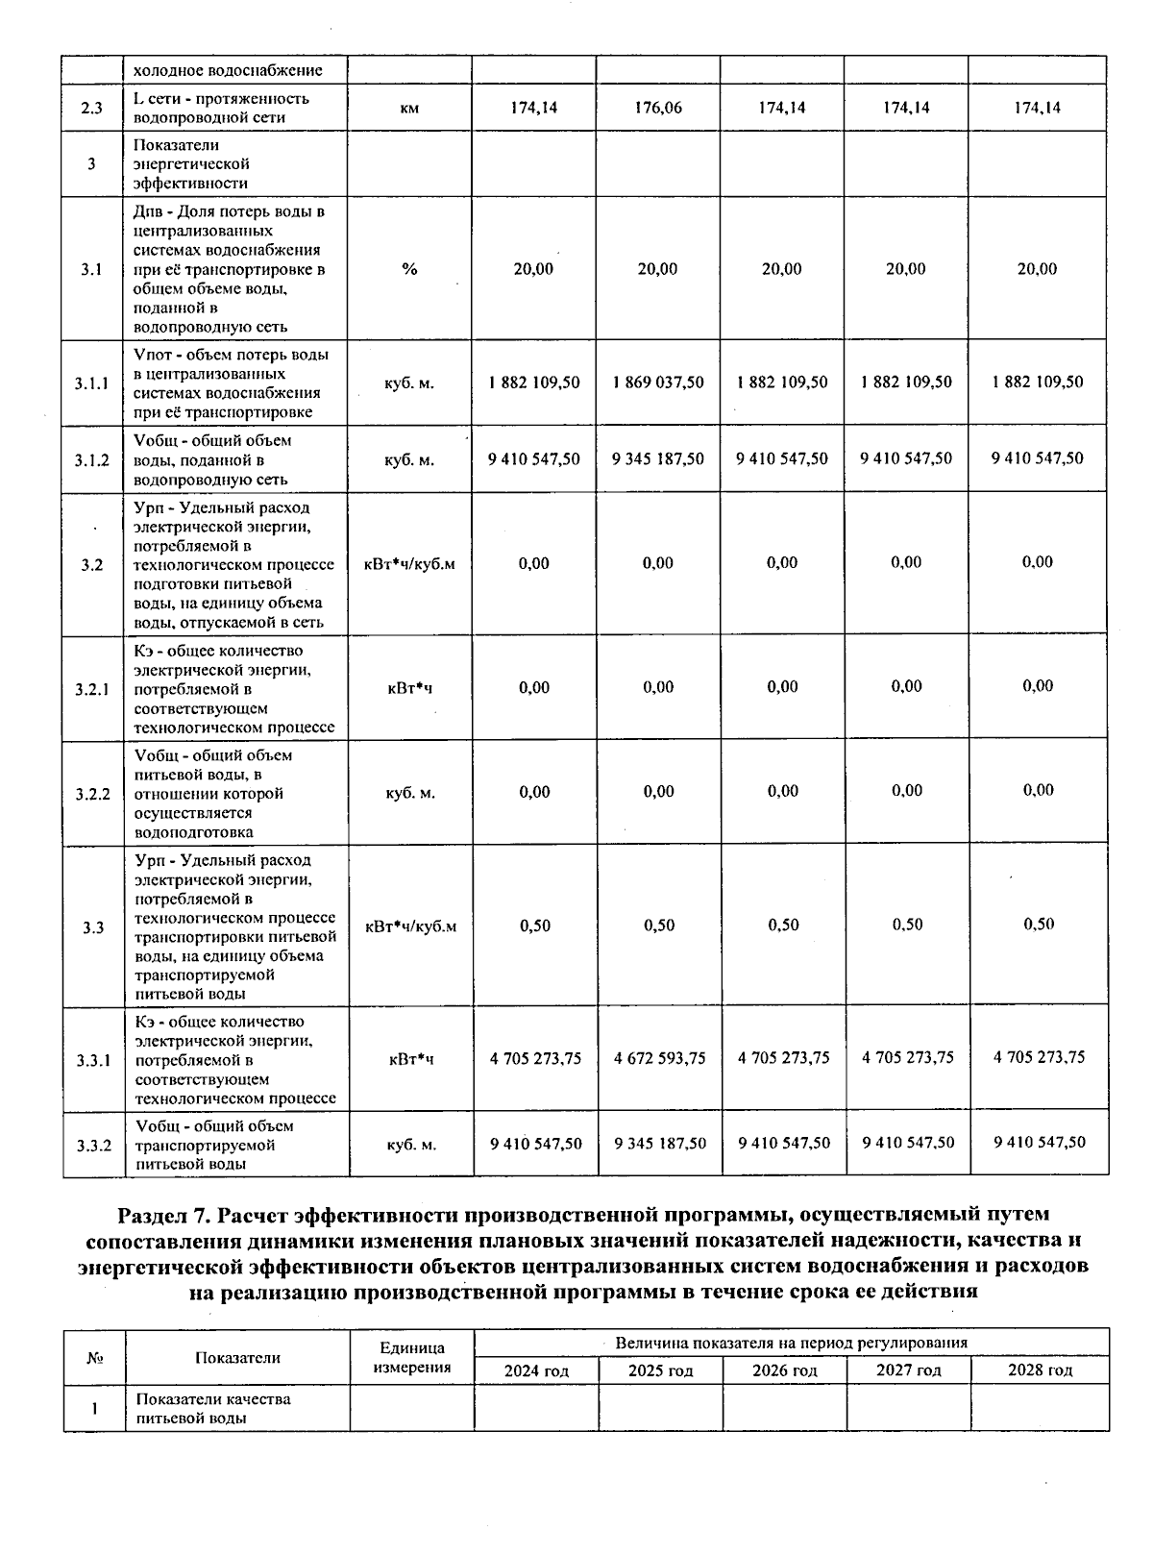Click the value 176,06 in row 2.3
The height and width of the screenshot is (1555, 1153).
[x=658, y=108]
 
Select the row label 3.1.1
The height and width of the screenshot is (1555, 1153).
[x=92, y=383]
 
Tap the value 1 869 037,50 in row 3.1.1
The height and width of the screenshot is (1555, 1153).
[x=658, y=383]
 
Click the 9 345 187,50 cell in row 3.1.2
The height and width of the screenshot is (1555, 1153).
[x=658, y=459]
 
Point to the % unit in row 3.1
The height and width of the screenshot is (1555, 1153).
[x=410, y=269]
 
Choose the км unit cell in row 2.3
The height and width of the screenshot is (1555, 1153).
[x=410, y=109]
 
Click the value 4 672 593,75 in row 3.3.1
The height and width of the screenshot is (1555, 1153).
[x=659, y=1058]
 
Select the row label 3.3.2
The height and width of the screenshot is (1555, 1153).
[x=93, y=1146]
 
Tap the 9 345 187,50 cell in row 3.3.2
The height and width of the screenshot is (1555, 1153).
[x=659, y=1144]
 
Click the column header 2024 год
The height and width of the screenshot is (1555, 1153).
[x=536, y=1370]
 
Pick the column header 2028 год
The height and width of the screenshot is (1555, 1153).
[x=1040, y=1370]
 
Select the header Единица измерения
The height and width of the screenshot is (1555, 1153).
[x=412, y=1357]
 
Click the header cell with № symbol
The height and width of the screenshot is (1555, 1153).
[x=94, y=1358]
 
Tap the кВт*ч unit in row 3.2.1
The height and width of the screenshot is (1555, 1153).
[x=410, y=688]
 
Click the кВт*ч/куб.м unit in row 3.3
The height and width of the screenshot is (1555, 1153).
[x=410, y=926]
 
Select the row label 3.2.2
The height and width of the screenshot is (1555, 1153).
[x=93, y=794]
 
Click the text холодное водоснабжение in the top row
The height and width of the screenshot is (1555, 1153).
[x=227, y=70]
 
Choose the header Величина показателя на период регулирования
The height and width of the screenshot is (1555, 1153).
[x=791, y=1343]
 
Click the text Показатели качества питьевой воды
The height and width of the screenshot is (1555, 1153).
[x=213, y=1408]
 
